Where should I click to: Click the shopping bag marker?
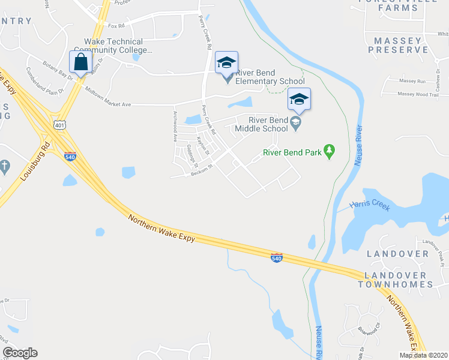pos(80,61)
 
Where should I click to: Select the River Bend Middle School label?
pos(261,124)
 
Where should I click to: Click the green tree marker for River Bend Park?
pos(329,152)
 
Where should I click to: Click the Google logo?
pos(20,353)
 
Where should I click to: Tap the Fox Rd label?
pos(116,26)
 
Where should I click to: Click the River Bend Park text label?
pos(292,152)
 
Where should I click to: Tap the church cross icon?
pos(4,166)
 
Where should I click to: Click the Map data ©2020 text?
pos(423,355)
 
